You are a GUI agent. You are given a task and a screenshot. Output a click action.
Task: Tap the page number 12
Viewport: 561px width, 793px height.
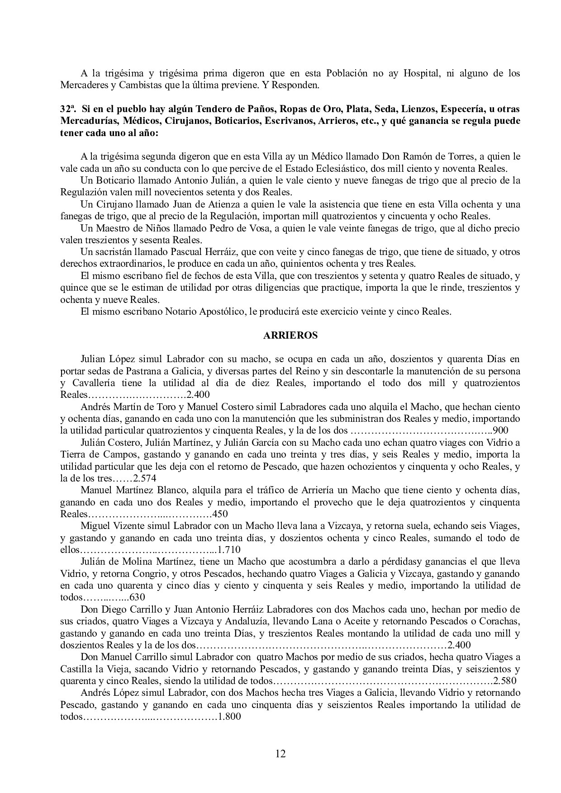tap(280, 753)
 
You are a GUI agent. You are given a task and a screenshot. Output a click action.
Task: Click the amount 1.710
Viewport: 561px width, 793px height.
tap(229, 550)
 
